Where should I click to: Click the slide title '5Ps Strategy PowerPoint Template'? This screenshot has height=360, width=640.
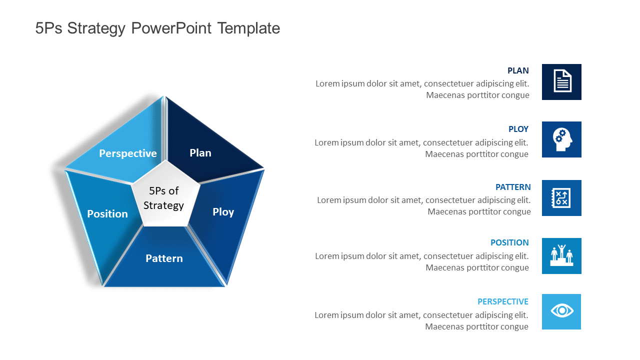[157, 28]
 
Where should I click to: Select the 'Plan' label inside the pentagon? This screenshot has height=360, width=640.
[200, 153]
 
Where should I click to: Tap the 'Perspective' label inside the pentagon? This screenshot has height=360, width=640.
[128, 153]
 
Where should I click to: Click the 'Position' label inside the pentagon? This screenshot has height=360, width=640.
[107, 214]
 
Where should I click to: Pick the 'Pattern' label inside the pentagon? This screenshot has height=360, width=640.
[164, 258]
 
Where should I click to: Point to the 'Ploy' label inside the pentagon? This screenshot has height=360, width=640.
[223, 212]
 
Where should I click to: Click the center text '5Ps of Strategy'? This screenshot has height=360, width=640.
[164, 198]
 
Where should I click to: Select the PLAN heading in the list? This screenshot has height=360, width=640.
[518, 71]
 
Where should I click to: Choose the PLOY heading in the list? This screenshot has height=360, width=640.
[518, 129]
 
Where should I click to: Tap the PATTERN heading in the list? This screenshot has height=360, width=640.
[513, 187]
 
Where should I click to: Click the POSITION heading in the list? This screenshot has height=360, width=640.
[509, 242]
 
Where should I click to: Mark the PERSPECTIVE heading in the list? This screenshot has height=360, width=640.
[502, 301]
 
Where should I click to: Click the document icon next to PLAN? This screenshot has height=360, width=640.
[562, 81]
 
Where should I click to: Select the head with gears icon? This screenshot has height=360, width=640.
[562, 139]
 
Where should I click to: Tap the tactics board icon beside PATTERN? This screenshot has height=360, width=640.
[562, 198]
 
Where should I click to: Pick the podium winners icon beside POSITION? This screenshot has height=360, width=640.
[562, 255]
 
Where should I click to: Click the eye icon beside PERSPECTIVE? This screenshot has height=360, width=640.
[562, 311]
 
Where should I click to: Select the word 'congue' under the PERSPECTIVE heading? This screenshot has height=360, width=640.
[515, 327]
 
